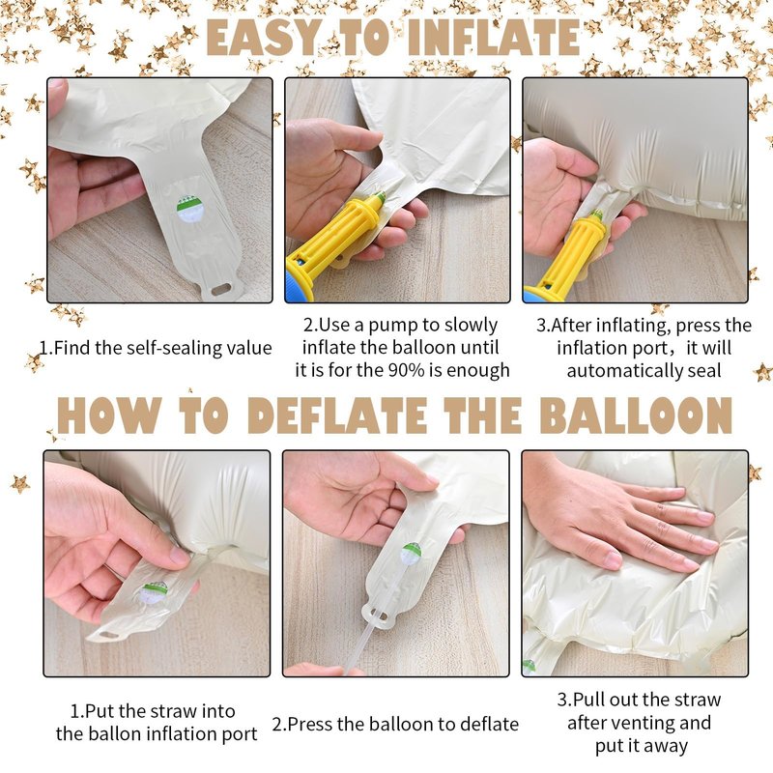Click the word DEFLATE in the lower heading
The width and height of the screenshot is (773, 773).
[337, 415]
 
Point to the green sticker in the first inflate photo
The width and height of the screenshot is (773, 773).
[190, 209]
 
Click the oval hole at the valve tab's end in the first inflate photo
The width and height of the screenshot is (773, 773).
[221, 289]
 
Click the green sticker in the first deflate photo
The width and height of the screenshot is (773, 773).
[154, 593]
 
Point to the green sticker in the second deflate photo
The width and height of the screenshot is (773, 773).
[412, 554]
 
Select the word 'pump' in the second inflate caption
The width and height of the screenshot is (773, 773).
[393, 327]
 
